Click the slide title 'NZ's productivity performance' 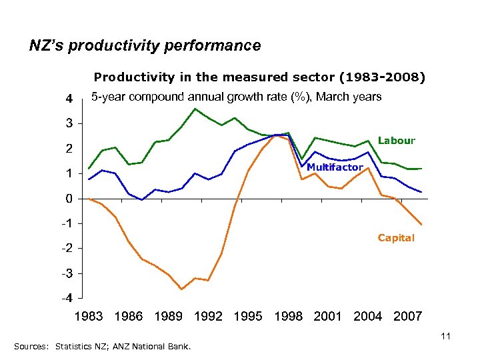145,46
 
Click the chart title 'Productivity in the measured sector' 259,77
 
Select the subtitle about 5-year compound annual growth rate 236,97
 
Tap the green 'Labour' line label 396,141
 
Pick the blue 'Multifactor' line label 335,167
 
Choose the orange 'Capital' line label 396,238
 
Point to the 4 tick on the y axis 68,99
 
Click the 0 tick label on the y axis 68,199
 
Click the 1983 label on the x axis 89,316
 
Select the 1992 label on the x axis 208,316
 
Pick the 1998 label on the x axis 288,316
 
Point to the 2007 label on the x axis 407,316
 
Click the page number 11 446,337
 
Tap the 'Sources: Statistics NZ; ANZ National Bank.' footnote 102,347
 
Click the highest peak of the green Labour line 195,109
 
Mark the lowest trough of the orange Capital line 181,289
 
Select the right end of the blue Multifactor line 421,192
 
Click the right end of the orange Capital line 421,225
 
